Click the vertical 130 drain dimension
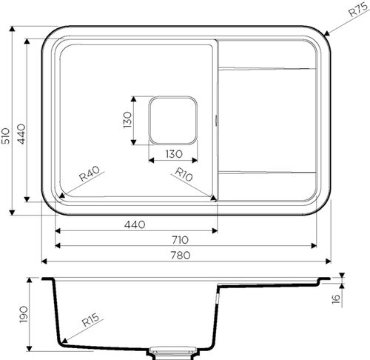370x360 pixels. [127, 119]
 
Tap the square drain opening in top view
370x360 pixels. [173, 119]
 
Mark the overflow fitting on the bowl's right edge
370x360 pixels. [216, 119]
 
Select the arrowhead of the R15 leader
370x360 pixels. [61, 342]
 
